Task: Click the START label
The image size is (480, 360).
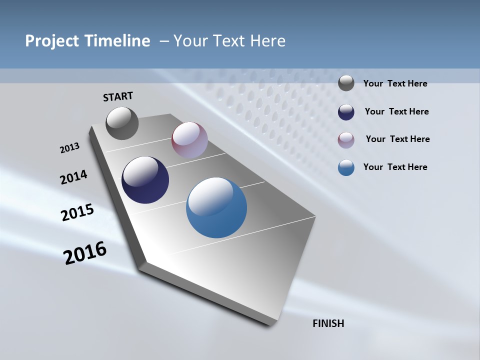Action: pos(118,96)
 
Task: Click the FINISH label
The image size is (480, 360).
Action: pos(328,323)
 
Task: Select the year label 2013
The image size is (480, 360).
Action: pos(69,148)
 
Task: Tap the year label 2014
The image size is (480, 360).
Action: pos(73,177)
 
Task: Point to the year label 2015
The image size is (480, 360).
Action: pos(77,212)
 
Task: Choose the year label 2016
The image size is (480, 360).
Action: pos(85,252)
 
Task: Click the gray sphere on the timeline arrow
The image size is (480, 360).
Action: pos(122,123)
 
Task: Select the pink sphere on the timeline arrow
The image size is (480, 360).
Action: pos(189,140)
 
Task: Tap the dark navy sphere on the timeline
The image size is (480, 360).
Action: pos(145,180)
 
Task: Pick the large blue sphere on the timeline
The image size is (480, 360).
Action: pos(216,207)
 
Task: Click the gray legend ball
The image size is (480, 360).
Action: pos(346,83)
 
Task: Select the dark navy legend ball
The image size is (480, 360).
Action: pos(346,112)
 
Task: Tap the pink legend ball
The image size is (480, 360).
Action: pos(346,140)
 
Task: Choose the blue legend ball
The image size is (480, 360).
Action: pos(346,167)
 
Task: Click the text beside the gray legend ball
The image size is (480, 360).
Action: pos(395,83)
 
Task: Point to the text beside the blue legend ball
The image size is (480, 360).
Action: pos(395,167)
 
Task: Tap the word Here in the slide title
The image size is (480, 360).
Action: pos(267,41)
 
